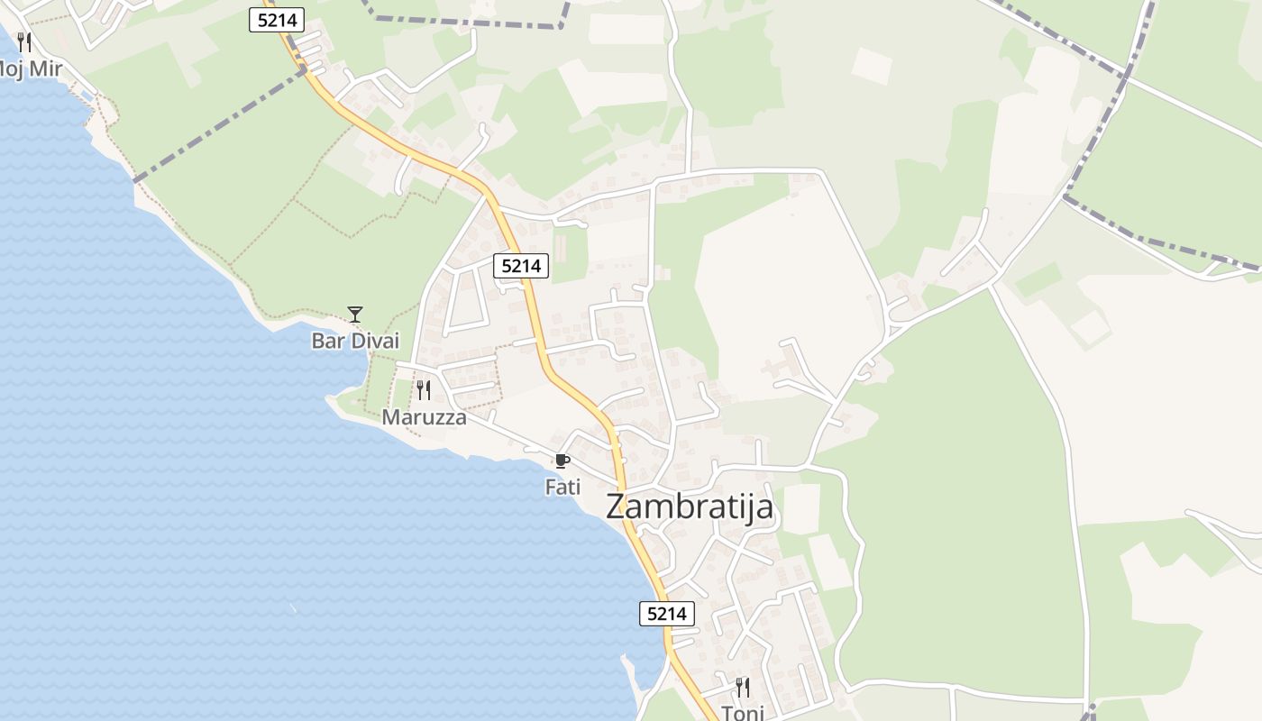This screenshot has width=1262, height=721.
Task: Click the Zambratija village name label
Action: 690,507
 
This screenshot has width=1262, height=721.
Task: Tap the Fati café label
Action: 562,487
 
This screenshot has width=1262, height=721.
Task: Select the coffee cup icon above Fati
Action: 562,461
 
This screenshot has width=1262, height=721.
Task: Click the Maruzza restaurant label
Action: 424,417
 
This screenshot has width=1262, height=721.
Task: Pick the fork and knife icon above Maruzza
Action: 424,390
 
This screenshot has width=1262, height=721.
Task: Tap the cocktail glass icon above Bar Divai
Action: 355,315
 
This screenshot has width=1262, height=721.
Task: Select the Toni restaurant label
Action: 743,713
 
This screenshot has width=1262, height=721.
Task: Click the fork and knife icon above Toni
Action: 743,688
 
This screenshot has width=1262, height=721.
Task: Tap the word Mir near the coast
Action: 45,68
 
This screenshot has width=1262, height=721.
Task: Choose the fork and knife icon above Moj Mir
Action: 24,41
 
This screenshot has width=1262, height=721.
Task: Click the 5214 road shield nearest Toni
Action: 667,614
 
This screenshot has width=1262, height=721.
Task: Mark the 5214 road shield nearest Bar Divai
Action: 522,266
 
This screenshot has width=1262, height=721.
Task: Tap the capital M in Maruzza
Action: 391,417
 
